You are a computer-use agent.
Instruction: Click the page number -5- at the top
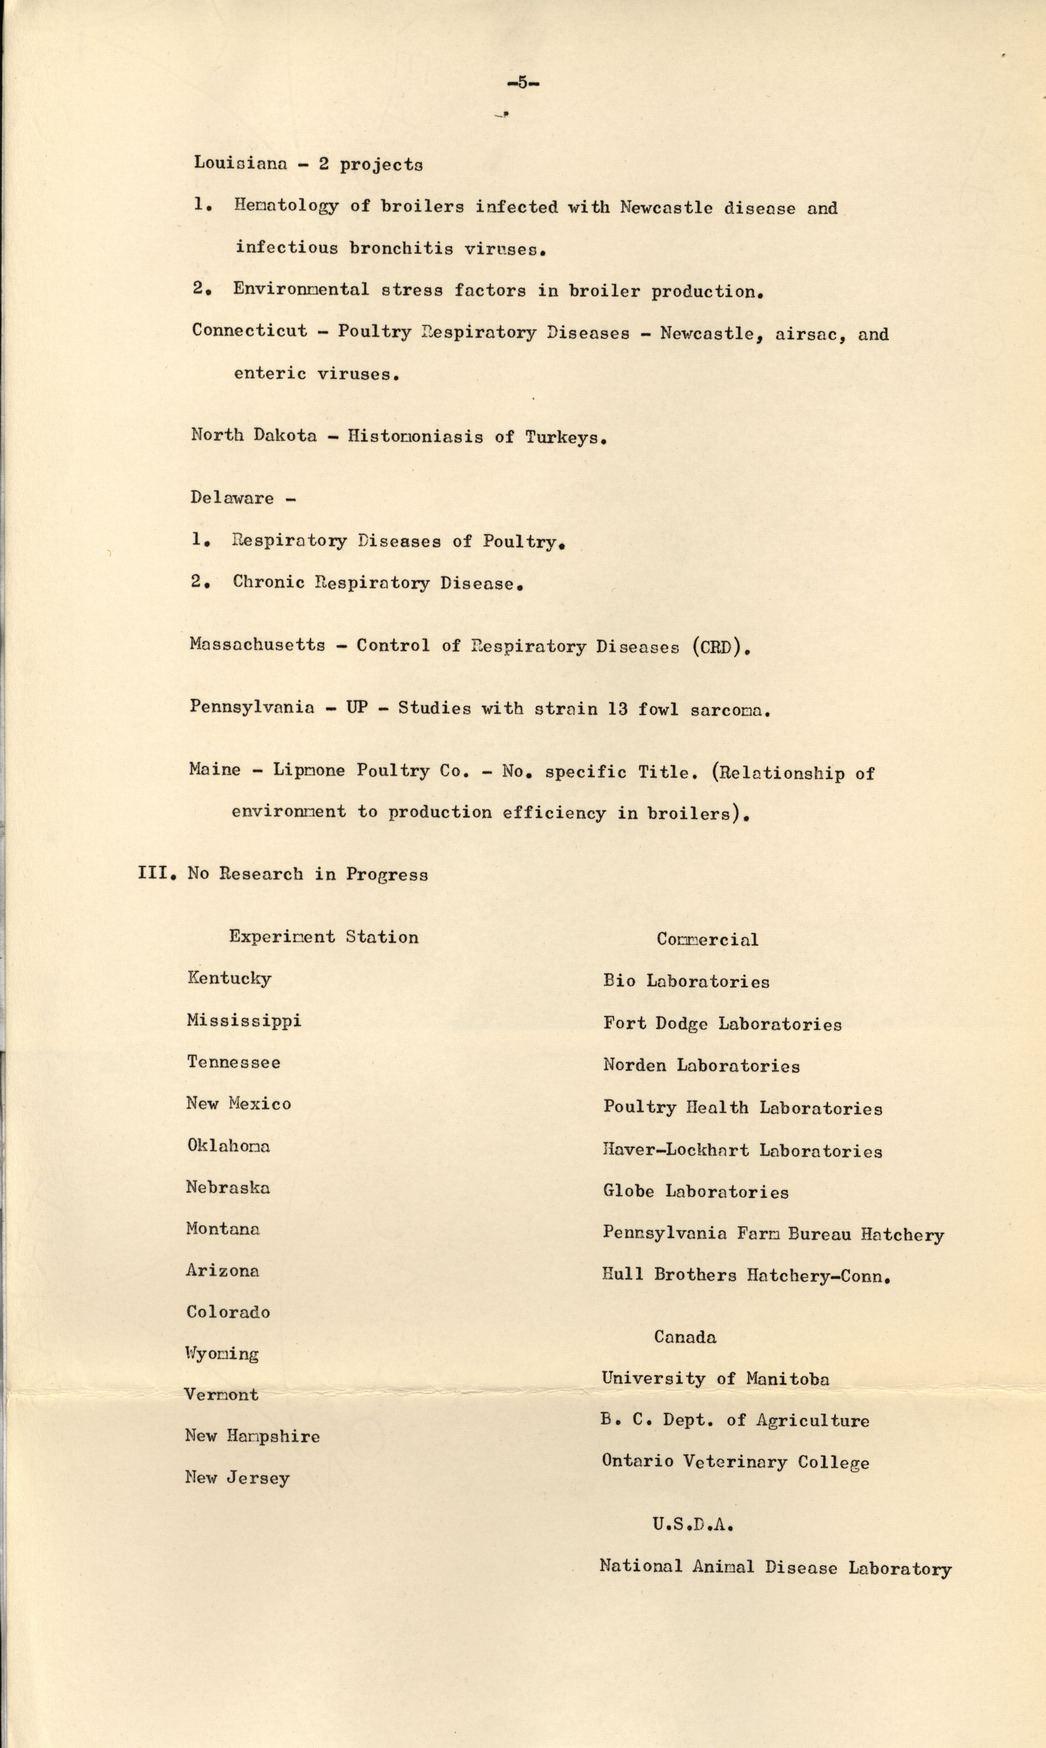(522, 83)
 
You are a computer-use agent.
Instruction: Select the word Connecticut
(250, 331)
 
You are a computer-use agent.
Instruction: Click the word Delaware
(232, 498)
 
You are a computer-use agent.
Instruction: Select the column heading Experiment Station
(324, 937)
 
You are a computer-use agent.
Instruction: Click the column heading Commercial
(707, 939)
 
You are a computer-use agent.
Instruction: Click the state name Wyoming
(222, 1353)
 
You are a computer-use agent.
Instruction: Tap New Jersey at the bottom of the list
(237, 1478)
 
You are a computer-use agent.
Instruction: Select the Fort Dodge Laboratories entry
(722, 1024)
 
